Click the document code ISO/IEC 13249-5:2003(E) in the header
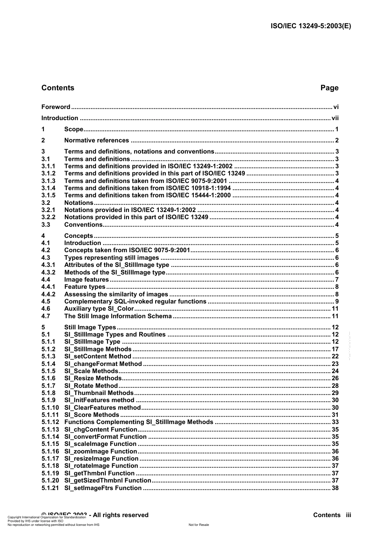point(311,26)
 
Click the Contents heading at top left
point(58,88)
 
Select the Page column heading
point(329,88)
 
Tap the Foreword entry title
point(56,107)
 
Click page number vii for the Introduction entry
point(335,118)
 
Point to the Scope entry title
point(74,129)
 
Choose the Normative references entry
point(97,140)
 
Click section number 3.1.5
point(48,195)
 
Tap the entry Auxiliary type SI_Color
point(99,309)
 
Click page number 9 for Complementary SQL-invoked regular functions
point(337,302)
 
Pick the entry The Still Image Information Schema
point(118,316)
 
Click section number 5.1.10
point(50,408)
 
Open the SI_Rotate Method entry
point(91,386)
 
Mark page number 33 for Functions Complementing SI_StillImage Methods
point(335,422)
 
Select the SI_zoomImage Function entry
point(101,451)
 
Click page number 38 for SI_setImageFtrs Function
point(335,488)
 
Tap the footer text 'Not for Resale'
point(199,525)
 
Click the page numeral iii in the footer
point(348,515)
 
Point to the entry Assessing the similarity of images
point(116,294)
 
